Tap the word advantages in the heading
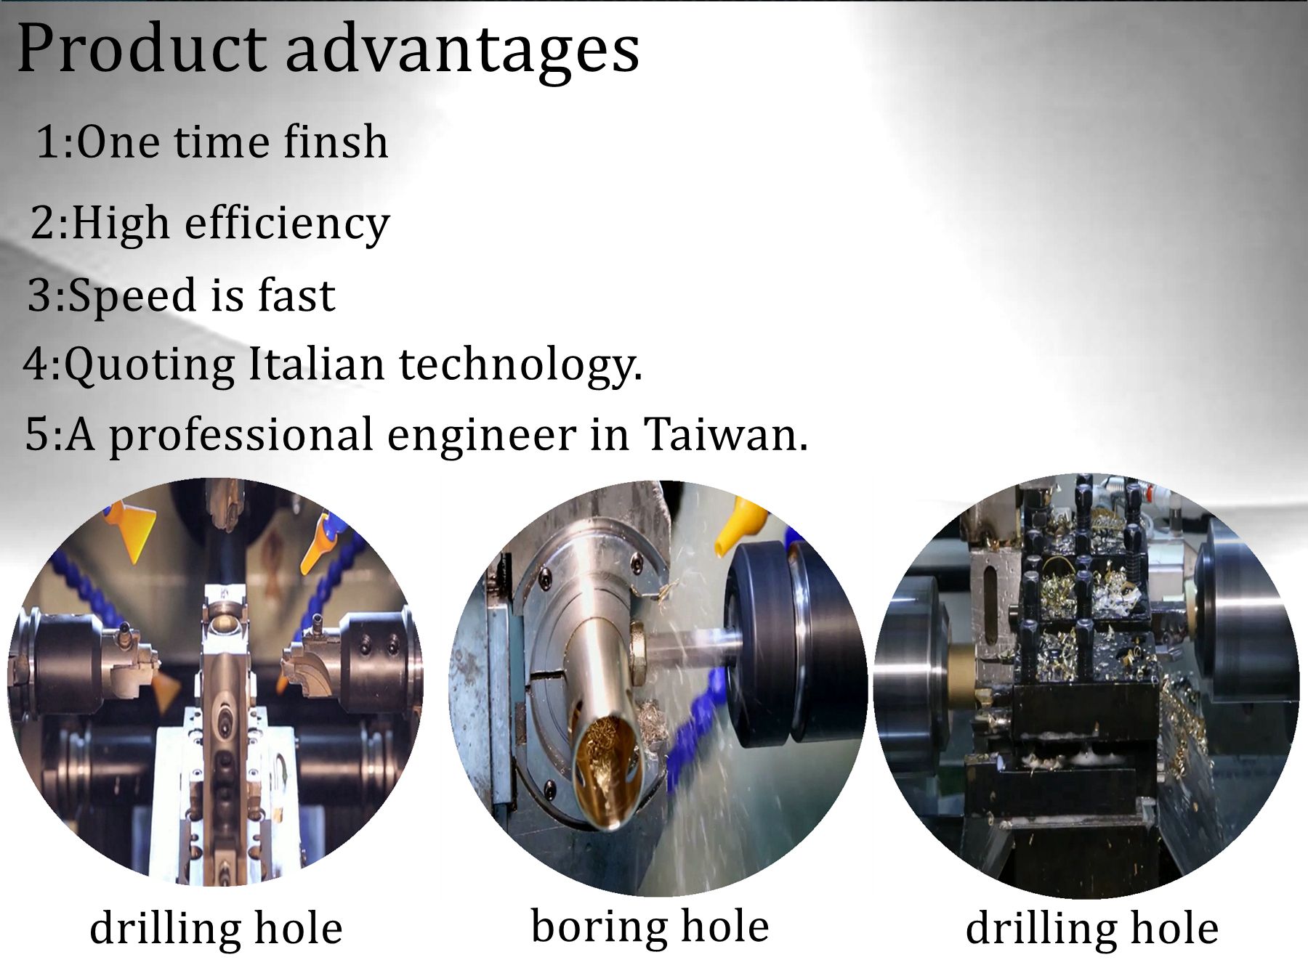tap(462, 52)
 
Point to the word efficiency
tap(287, 223)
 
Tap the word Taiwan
tap(724, 434)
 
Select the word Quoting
tap(149, 365)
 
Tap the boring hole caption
tap(650, 927)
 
